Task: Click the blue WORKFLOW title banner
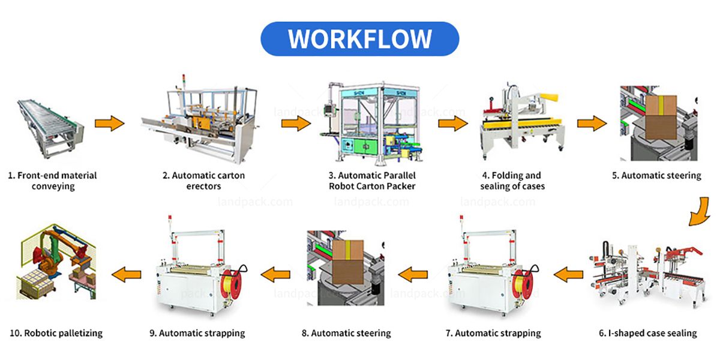(x=359, y=39)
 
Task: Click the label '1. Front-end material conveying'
(x=52, y=181)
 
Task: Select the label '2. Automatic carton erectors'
(x=204, y=181)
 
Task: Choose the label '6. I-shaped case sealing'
(x=647, y=333)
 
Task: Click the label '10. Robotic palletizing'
(x=56, y=333)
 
